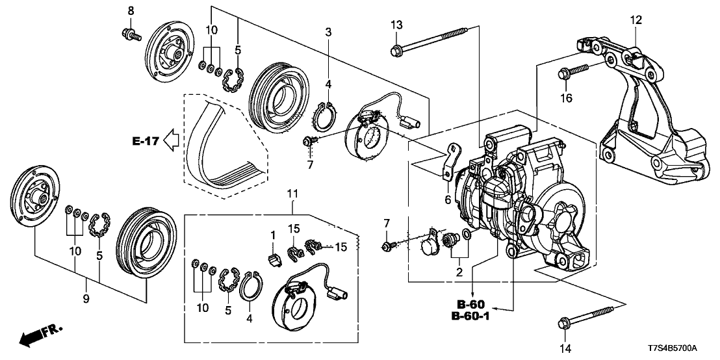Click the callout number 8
[x=130, y=10]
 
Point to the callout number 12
[x=635, y=20]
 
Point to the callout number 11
[x=292, y=193]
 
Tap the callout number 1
[x=274, y=234]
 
